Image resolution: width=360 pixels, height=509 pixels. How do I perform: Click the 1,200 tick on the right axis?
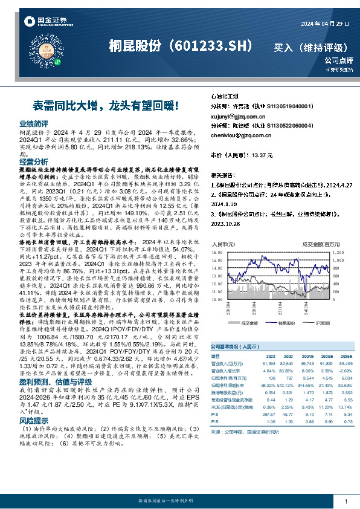point(337,252)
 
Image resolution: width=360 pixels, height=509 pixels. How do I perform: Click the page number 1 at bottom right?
point(345,502)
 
